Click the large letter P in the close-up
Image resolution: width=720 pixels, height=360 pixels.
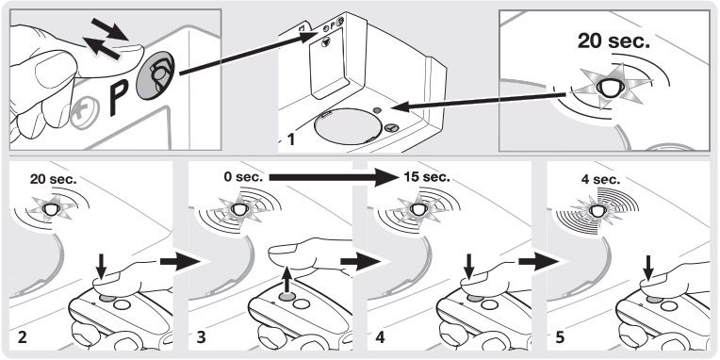coord(118,97)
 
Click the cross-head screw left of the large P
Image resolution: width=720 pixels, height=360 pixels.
coord(85,113)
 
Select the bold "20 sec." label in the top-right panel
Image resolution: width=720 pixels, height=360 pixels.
coord(614,42)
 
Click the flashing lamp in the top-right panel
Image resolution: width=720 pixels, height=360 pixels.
coord(610,88)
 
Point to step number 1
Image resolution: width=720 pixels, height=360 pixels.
coord(290,139)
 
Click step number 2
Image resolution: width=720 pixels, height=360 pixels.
coord(22,337)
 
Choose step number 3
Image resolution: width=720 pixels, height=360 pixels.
coord(201,337)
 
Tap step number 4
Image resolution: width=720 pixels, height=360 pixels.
coord(380,337)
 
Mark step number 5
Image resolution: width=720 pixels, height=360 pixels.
coord(559,337)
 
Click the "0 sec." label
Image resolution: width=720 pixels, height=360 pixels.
coord(243,177)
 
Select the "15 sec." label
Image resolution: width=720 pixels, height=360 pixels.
coord(427,177)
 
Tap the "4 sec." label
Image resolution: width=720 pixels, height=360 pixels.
coord(600,179)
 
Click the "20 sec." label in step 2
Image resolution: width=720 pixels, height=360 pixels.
coord(54,179)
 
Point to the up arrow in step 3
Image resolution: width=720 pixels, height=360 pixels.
coord(287,280)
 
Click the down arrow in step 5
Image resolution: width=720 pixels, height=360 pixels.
coord(648,270)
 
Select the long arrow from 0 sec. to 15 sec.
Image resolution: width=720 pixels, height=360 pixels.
coord(332,177)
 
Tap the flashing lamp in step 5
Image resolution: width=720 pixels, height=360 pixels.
coord(597,210)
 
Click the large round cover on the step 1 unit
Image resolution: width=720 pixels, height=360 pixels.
coord(348,129)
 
